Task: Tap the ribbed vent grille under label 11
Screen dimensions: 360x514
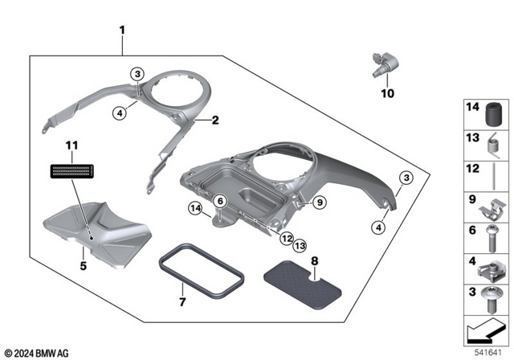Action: [71, 170]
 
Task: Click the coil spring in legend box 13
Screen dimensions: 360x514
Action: [489, 142]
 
